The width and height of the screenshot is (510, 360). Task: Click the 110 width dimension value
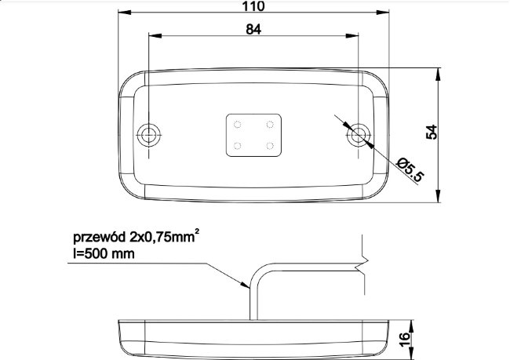[253, 6]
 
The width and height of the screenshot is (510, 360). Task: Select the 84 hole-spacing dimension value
[253, 29]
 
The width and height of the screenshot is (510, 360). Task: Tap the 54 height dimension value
[432, 132]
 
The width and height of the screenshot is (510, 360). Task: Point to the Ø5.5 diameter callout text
[410, 169]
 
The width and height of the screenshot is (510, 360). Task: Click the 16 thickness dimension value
[405, 340]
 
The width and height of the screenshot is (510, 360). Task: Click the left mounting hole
[148, 135]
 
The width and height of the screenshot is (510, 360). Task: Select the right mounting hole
[358, 135]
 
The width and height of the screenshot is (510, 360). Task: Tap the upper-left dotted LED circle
[238, 124]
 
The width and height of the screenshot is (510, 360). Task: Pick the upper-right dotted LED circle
[270, 124]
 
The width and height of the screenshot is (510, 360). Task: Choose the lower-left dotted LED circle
[238, 146]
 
